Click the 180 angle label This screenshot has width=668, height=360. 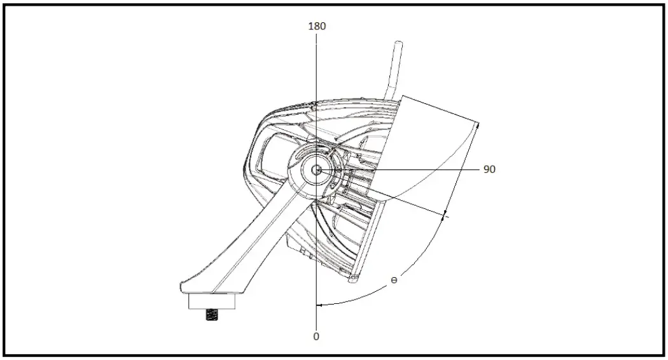(x=316, y=26)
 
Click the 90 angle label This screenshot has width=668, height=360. (x=489, y=169)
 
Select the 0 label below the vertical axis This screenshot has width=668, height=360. (x=316, y=336)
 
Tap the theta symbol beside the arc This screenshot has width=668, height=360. (x=394, y=280)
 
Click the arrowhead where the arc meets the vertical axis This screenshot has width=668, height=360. (x=321, y=305)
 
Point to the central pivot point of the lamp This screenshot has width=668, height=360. (x=316, y=170)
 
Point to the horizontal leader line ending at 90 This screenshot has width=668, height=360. (x=433, y=170)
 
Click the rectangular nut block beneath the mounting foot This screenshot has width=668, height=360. (x=212, y=301)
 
